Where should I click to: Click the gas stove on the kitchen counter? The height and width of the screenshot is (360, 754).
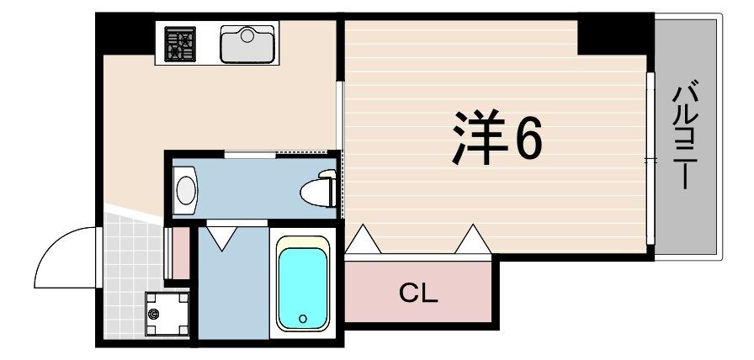pos(179,44)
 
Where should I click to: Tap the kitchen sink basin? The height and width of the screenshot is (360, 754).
pos(247,44)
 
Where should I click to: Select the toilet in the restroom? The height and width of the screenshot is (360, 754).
pos(319,189)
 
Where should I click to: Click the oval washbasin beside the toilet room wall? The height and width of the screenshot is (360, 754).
pos(184,189)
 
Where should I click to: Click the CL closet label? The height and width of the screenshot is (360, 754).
pos(418,294)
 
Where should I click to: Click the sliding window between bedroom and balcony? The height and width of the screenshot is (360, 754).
pos(650,160)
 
